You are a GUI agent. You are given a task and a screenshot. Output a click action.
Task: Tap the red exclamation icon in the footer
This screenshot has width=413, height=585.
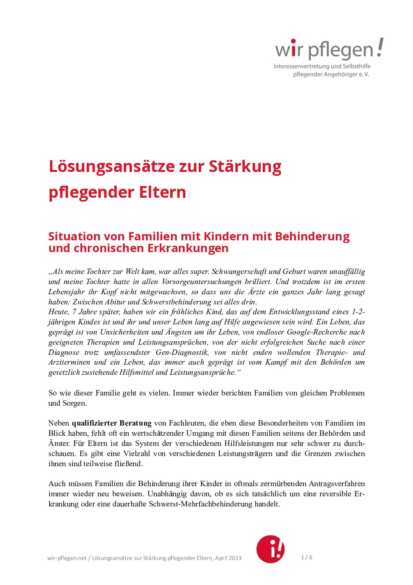(270, 549)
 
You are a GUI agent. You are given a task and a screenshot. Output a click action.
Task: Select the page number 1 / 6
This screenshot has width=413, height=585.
(306, 557)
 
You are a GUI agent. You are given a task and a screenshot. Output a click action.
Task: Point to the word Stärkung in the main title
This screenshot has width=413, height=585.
(245, 166)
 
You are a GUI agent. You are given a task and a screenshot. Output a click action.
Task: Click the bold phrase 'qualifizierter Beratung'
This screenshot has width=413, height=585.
(112, 423)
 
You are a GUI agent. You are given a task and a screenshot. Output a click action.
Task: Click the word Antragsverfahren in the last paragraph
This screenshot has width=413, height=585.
(337, 484)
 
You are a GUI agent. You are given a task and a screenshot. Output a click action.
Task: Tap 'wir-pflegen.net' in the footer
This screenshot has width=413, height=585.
(67, 558)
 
